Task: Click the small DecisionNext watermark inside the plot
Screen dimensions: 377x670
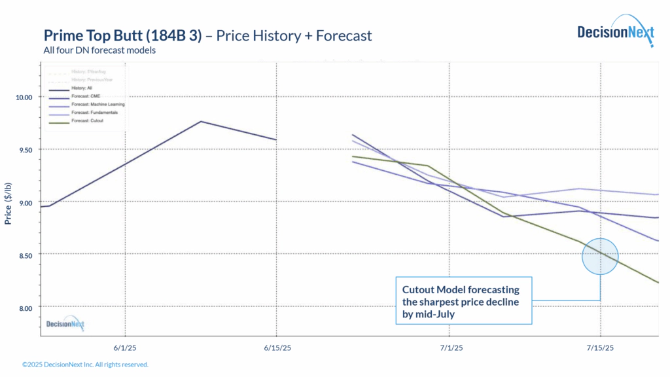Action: pyautogui.click(x=65, y=323)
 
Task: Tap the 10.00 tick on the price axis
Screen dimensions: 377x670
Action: pyautogui.click(x=24, y=97)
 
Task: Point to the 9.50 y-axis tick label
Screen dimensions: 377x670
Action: pyautogui.click(x=24, y=149)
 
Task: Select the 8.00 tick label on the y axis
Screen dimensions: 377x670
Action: pyautogui.click(x=24, y=307)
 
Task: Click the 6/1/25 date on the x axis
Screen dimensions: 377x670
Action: pyautogui.click(x=124, y=348)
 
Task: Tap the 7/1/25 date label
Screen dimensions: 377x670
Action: pyautogui.click(x=451, y=348)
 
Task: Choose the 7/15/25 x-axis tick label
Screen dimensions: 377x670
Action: pyautogui.click(x=601, y=348)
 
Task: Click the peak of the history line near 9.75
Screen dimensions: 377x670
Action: pyautogui.click(x=201, y=122)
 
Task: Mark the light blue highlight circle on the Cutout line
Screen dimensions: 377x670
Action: pyautogui.click(x=600, y=256)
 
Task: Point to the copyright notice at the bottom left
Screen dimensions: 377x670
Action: pyautogui.click(x=85, y=365)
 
